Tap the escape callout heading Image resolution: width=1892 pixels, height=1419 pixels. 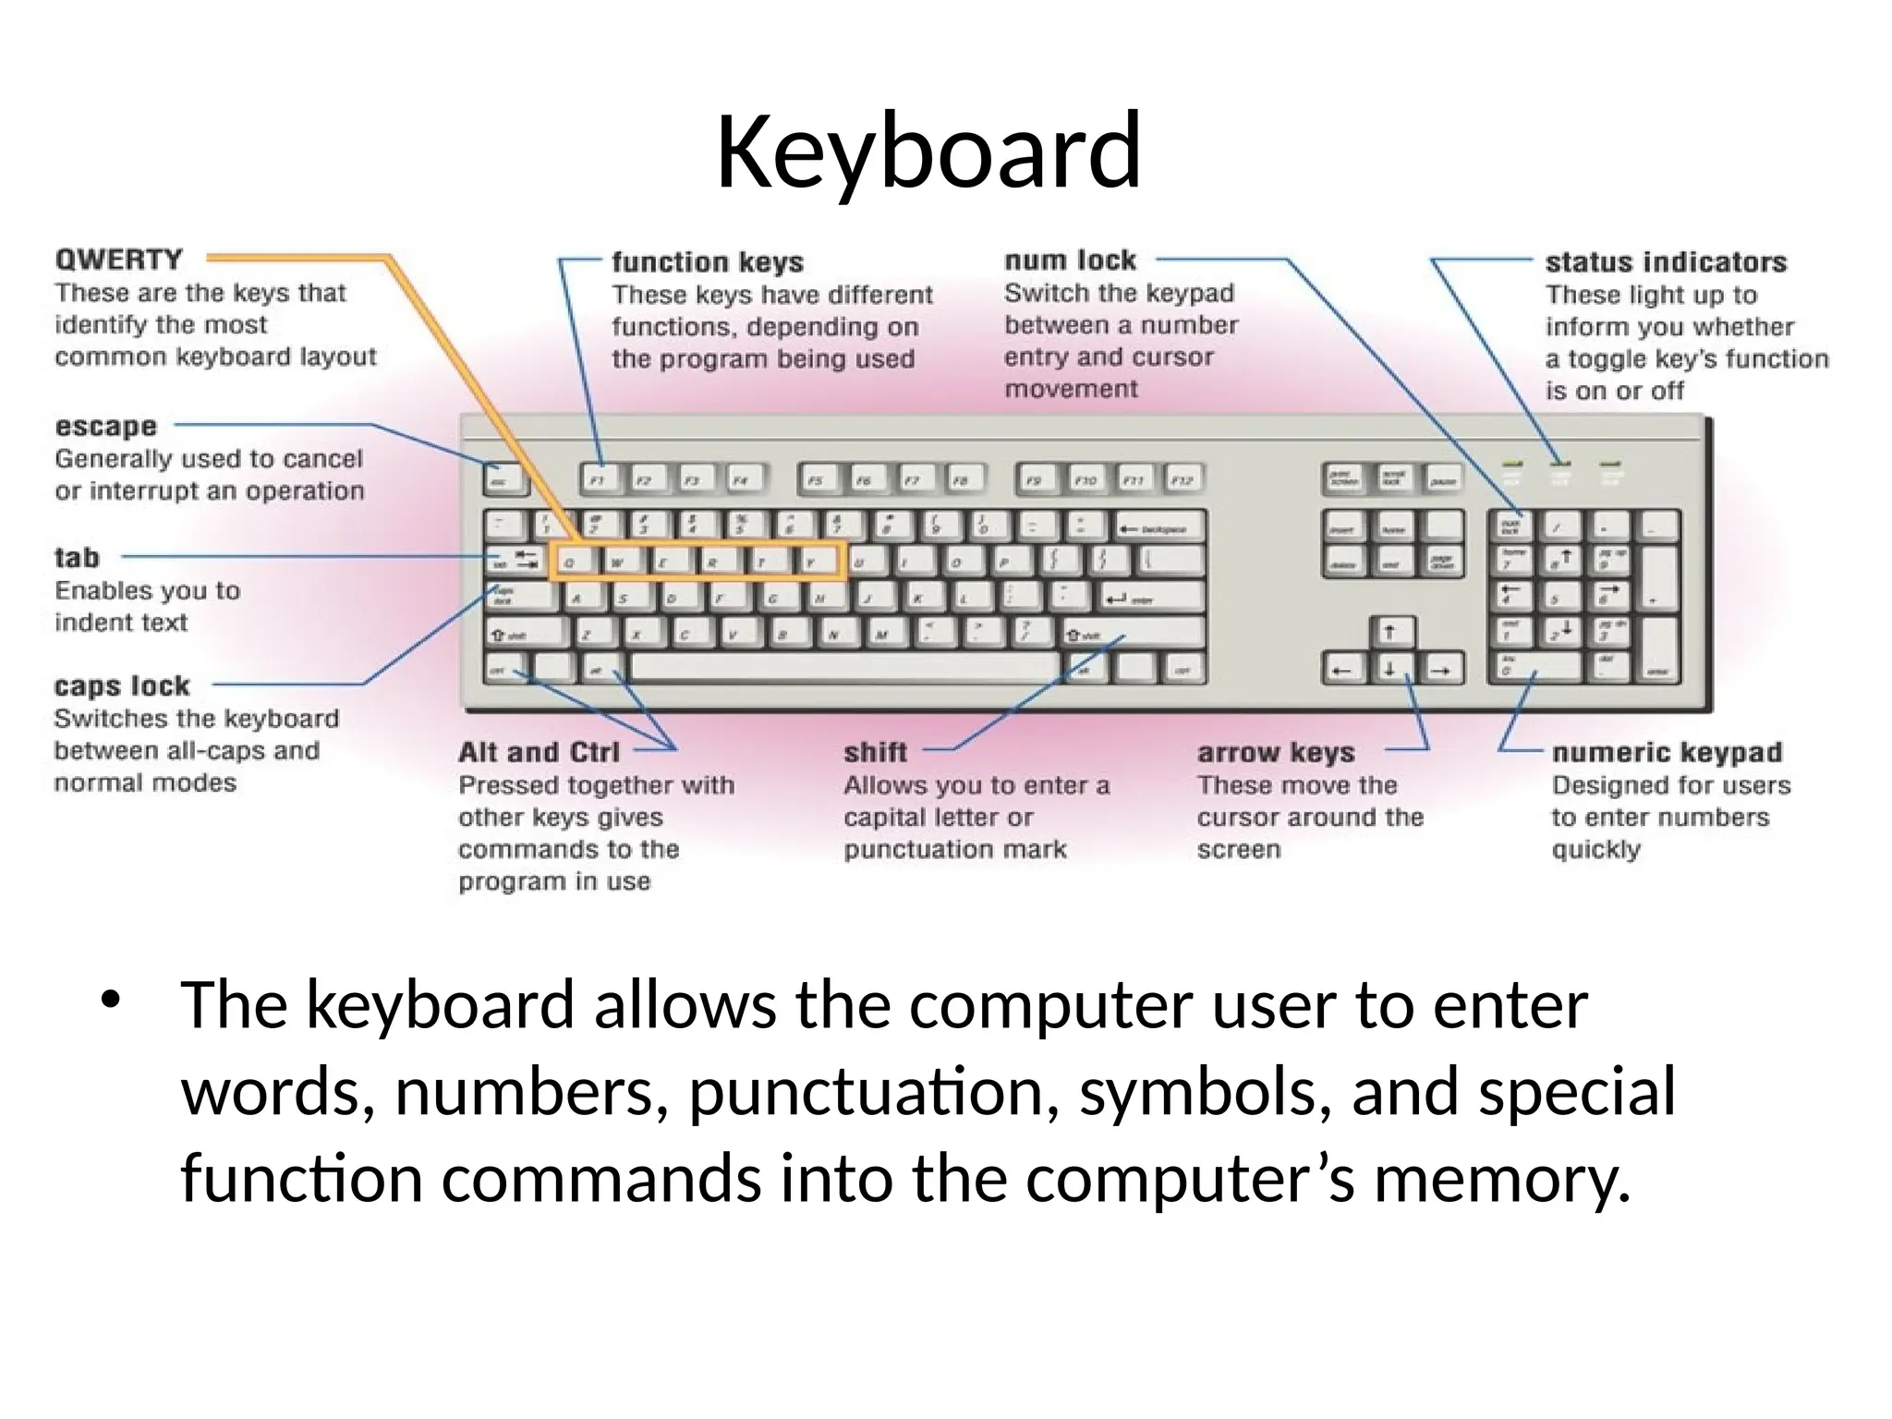pos(106,426)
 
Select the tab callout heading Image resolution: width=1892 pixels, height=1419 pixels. pos(77,557)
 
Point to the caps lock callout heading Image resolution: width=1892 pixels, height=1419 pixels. pos(122,685)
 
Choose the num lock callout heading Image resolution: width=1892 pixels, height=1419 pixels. pos(1070,260)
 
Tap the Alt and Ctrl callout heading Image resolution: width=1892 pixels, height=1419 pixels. pos(539,752)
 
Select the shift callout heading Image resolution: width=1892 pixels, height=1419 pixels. pos(875,752)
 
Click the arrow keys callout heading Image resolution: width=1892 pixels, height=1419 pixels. pos(1276,752)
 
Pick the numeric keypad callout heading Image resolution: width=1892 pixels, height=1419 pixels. pos(1667,752)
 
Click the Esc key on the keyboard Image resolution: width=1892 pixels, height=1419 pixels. pos(504,479)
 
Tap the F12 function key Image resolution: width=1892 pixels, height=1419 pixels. pos(1182,479)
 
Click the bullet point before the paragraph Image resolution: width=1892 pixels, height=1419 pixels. pos(112,1001)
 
